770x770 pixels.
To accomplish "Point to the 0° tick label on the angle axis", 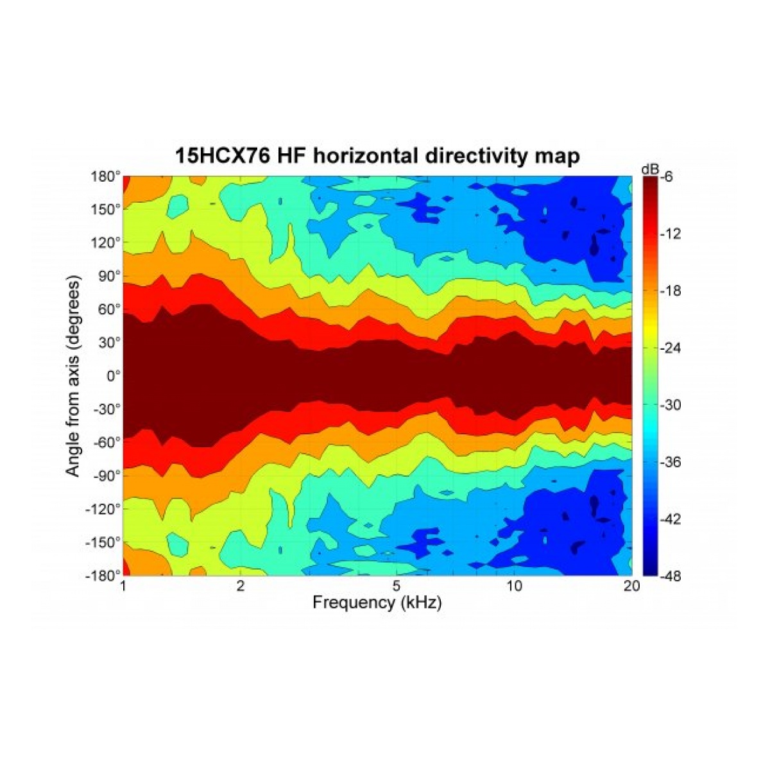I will coord(113,376).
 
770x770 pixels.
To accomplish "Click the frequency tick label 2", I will coord(240,586).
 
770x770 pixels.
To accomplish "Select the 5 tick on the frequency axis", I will coord(397,586).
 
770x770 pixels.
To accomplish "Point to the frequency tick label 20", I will coord(631,586).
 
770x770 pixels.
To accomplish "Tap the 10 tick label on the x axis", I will coord(513,586).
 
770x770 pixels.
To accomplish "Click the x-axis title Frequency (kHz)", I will coord(377,603).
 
